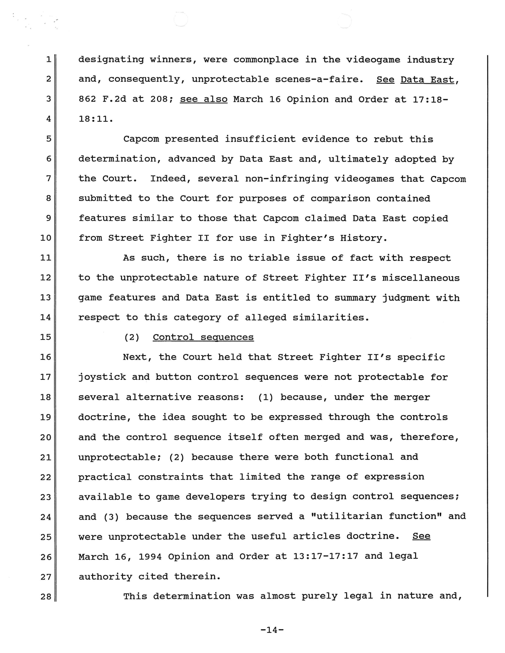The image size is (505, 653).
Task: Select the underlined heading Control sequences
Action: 203,337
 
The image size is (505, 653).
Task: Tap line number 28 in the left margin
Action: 46,596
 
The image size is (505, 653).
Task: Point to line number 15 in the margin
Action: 46,337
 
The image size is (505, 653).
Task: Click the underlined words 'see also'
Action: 203,99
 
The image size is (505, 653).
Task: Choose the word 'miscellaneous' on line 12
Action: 421,278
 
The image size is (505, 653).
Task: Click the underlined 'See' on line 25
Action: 421,536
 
